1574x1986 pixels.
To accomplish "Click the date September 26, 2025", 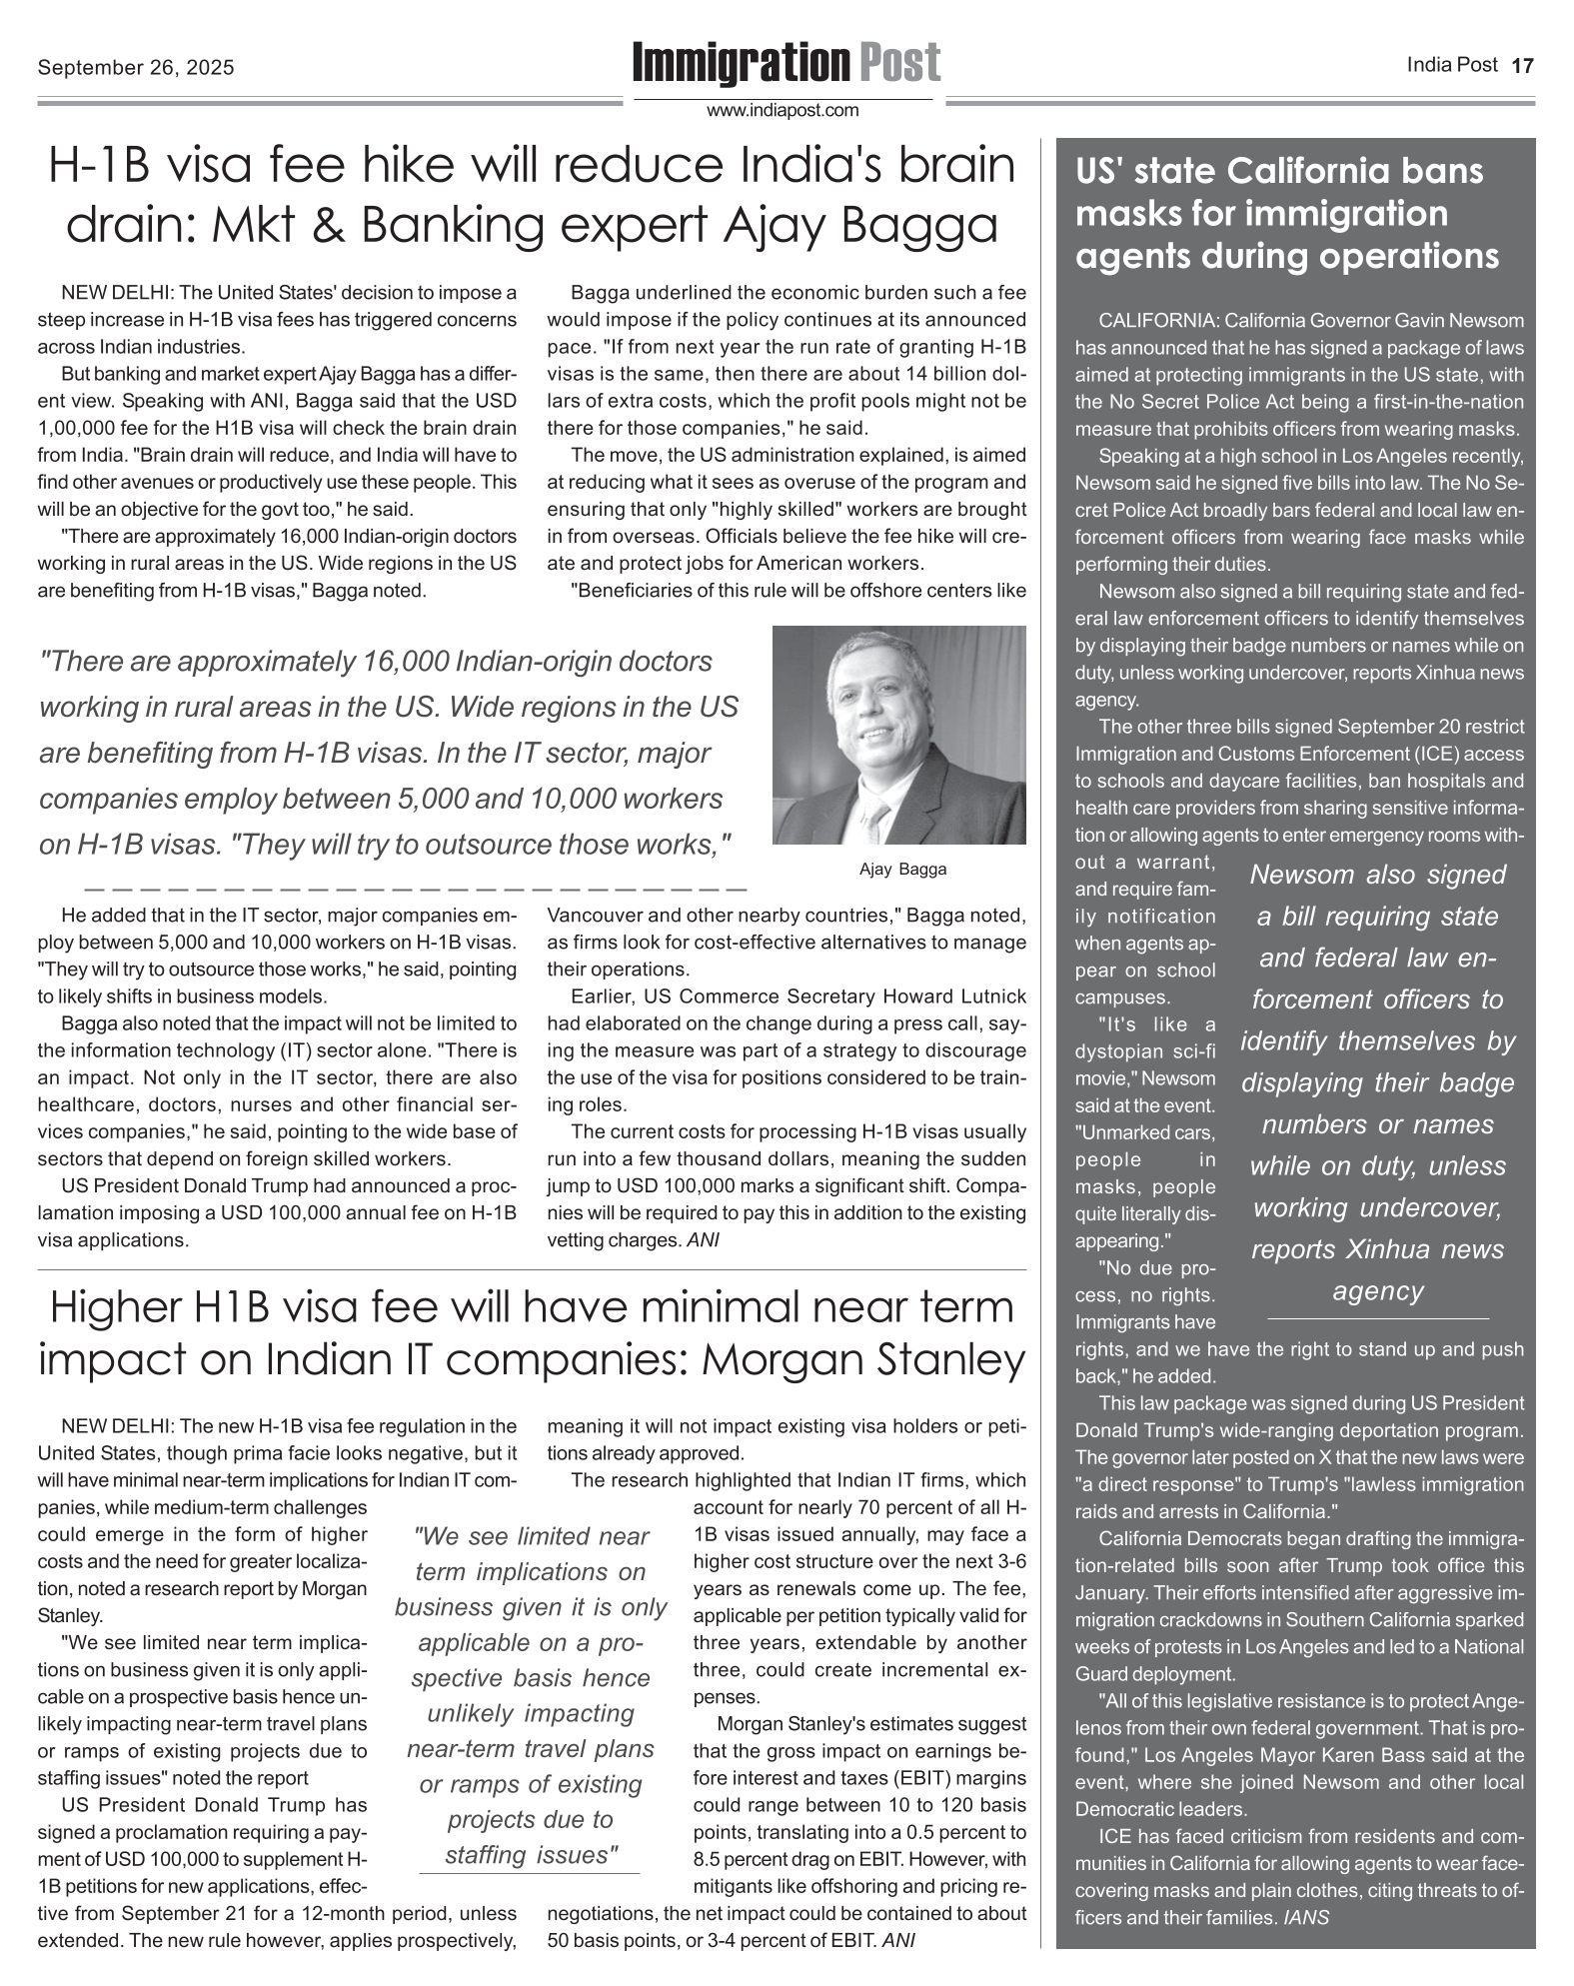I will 136,68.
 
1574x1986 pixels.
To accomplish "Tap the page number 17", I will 1522,67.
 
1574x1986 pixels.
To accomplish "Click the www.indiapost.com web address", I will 783,111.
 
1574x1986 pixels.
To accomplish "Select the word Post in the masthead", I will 898,63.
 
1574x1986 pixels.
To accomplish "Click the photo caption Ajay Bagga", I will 902,870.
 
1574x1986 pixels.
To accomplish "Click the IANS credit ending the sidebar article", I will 1306,1918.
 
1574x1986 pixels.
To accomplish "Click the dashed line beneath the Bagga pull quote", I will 416,887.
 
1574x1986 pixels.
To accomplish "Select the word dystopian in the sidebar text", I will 1118,1051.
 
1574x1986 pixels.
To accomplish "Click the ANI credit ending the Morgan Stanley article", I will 900,1941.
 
